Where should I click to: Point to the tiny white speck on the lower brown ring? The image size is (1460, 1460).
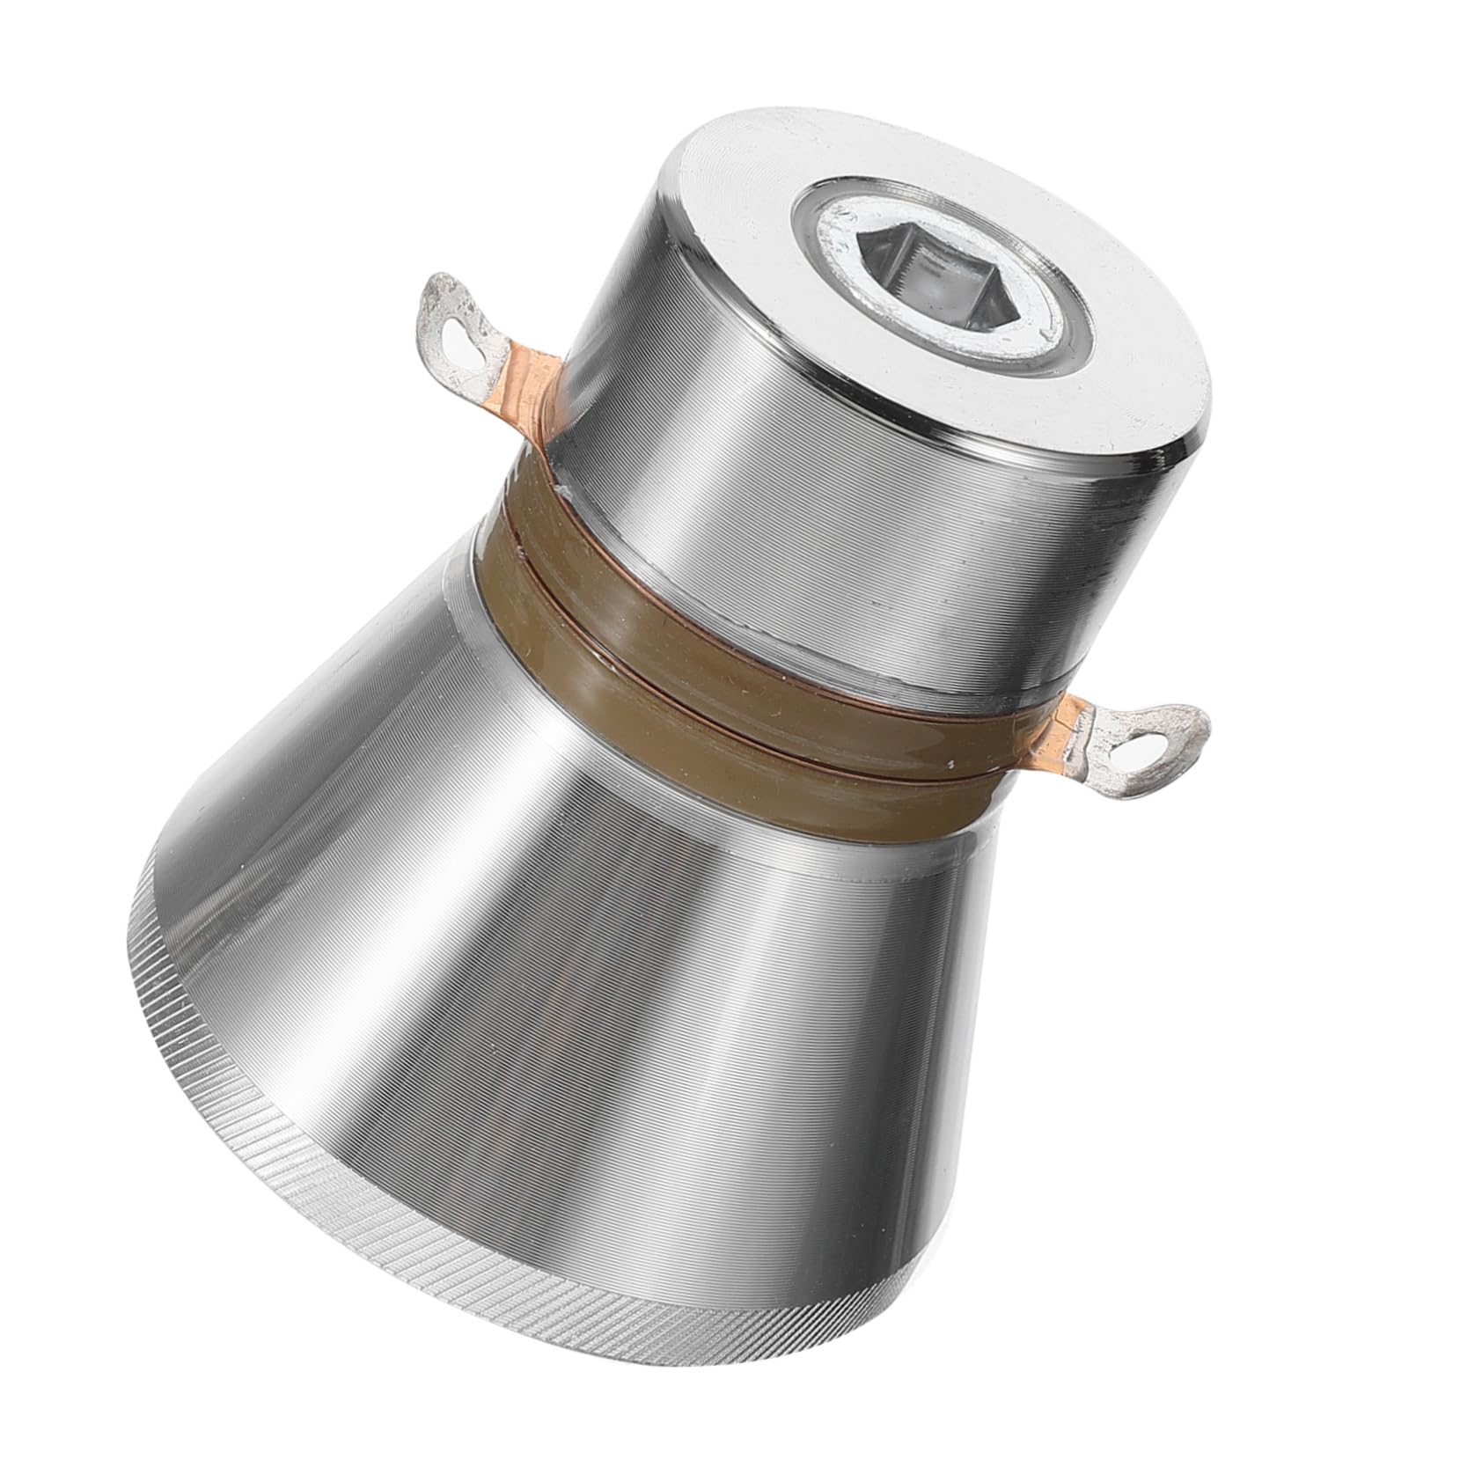(x=953, y=759)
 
